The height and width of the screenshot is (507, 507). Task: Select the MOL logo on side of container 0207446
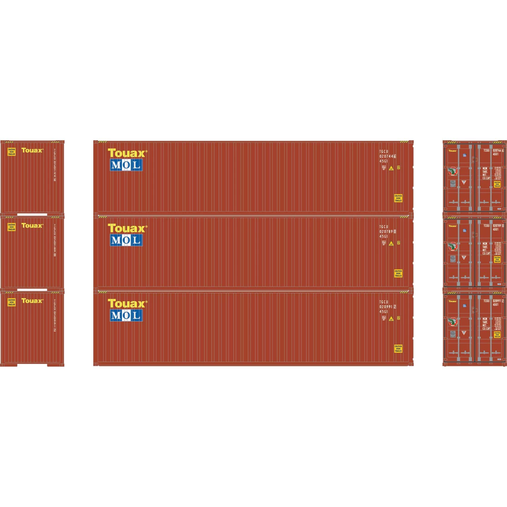tap(126, 165)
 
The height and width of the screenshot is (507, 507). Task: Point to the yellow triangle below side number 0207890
tap(391, 243)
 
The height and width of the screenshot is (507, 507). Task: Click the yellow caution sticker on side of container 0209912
tap(398, 348)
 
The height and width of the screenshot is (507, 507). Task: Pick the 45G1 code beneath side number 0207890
tap(384, 237)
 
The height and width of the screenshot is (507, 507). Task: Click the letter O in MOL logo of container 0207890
tap(126, 240)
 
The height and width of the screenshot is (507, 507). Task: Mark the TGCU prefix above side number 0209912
tap(384, 302)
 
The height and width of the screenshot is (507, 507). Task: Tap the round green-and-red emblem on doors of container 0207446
tap(453, 171)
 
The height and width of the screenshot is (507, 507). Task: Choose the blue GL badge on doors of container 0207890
tap(464, 230)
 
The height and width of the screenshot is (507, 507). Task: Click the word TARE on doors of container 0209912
tap(485, 322)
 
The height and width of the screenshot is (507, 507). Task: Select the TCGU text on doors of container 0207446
tap(486, 150)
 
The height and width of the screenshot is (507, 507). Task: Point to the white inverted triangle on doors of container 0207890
tap(464, 258)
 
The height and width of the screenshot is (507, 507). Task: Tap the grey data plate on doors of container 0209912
tap(453, 334)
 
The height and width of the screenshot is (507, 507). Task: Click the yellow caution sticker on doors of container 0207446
tap(497, 184)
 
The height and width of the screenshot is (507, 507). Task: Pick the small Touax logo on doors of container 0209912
tap(453, 301)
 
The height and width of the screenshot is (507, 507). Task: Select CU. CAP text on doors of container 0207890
tap(486, 253)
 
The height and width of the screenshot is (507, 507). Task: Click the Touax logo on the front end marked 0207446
tap(32, 150)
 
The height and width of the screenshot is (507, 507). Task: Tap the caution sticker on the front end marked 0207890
tap(11, 227)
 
